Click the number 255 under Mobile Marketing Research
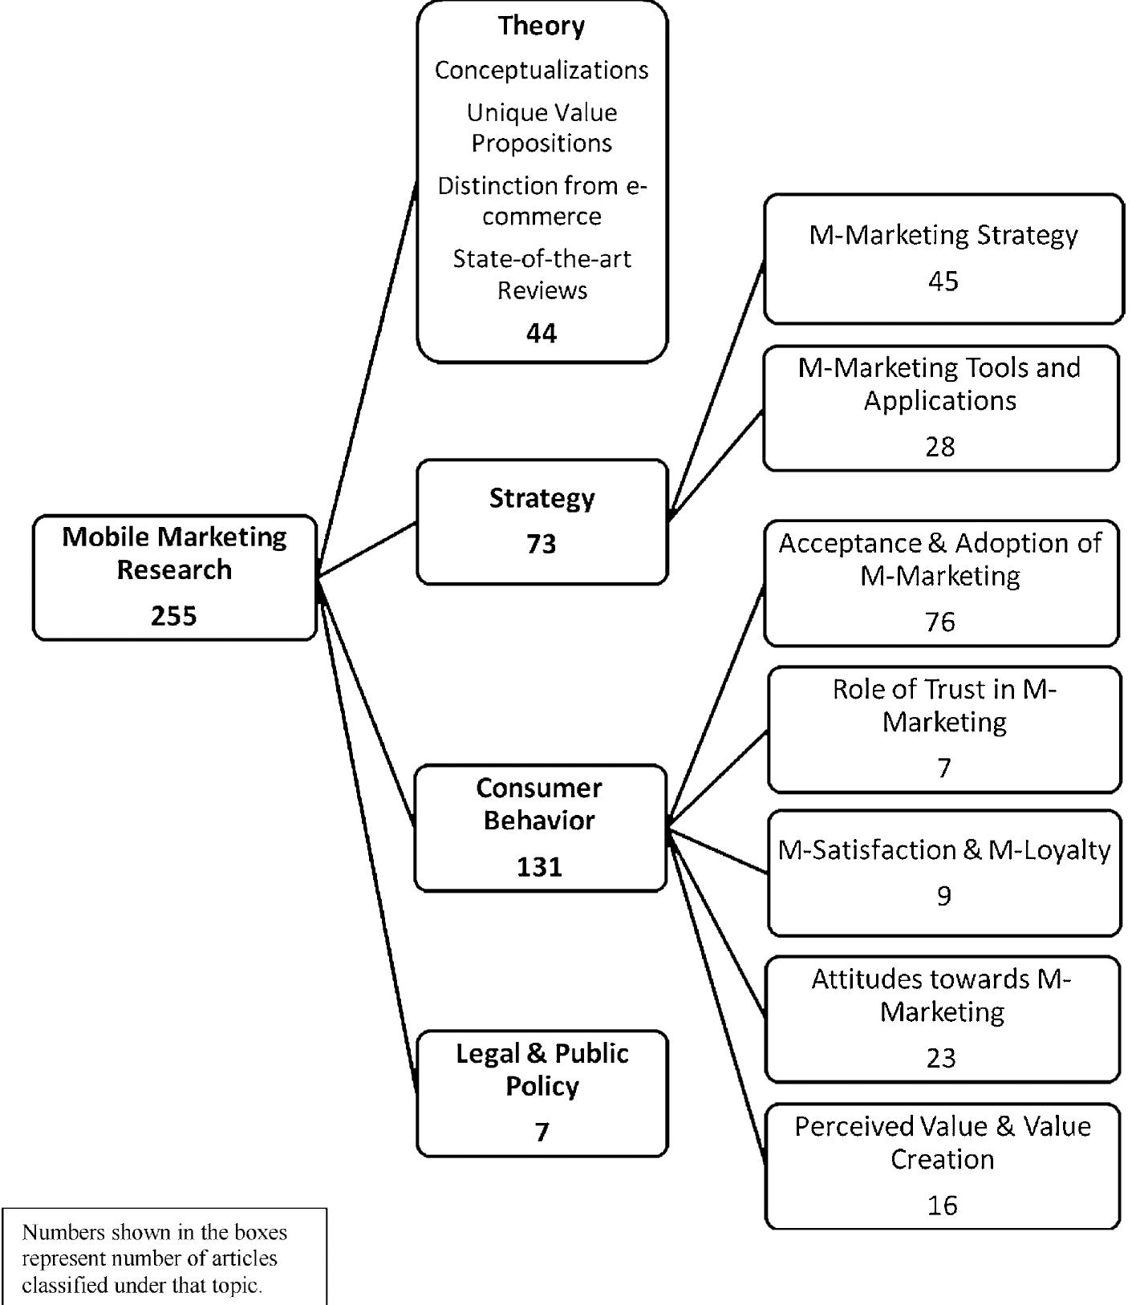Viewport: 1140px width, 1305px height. point(174,616)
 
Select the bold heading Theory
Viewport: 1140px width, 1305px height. point(542,26)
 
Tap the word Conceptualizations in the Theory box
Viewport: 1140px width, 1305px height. point(542,71)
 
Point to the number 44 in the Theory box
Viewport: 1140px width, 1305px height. point(542,333)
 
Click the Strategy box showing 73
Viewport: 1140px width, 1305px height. point(542,521)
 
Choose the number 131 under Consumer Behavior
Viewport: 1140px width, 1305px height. point(540,867)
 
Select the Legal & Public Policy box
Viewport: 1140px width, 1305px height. point(542,1092)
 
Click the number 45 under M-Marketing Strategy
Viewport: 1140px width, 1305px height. point(943,282)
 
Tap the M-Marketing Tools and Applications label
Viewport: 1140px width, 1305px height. point(939,383)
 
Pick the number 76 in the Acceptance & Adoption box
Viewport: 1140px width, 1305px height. point(940,622)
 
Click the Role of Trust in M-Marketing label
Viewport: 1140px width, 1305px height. point(944,706)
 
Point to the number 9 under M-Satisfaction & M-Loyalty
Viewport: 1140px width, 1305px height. point(944,896)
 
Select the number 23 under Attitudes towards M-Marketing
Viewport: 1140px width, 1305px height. point(941,1058)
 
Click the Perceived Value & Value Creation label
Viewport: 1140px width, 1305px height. point(943,1142)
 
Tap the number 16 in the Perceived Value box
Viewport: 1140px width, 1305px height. point(943,1205)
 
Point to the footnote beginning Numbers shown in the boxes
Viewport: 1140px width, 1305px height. point(154,1258)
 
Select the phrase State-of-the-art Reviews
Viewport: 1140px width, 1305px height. point(542,274)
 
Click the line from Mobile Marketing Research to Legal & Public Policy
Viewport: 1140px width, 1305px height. point(367,834)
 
